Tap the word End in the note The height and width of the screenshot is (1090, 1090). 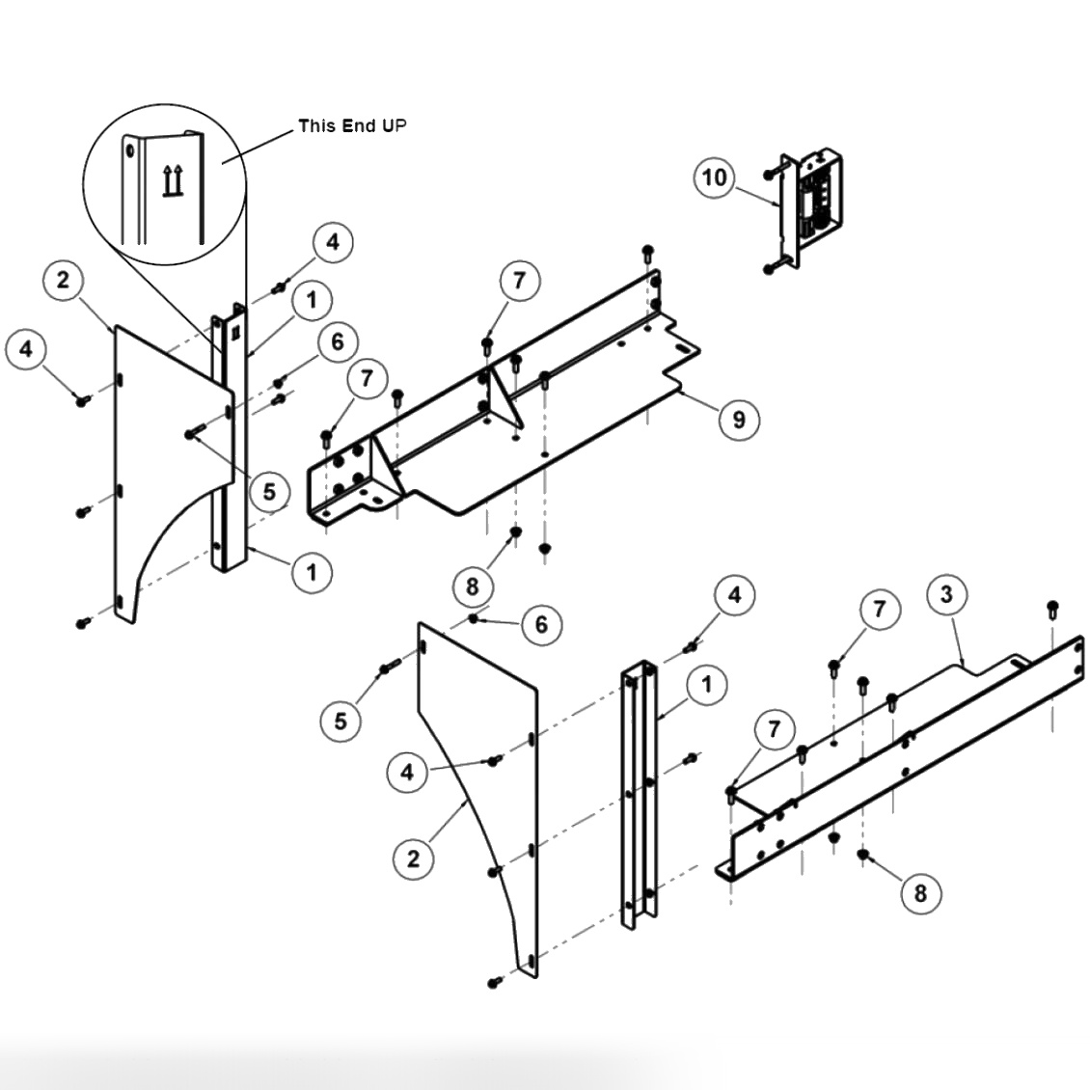point(359,125)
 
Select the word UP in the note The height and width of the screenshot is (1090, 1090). point(395,125)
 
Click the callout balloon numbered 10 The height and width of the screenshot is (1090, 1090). point(715,178)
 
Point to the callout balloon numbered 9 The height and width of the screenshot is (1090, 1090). point(739,420)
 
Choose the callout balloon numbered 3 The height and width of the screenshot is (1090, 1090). point(946,594)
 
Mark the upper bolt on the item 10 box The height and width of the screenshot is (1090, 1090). point(770,174)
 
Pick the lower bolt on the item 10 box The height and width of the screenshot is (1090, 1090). point(770,268)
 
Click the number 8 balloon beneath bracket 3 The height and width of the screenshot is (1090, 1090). point(919,893)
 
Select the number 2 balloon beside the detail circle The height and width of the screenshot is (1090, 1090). point(63,281)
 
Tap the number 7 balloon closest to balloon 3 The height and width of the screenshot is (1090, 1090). point(879,609)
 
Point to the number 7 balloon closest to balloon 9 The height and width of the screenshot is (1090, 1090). point(520,280)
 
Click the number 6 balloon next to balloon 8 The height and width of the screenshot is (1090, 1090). point(541,625)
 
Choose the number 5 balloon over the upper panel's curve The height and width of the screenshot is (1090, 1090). point(269,492)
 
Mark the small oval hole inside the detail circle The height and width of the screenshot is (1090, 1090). point(129,152)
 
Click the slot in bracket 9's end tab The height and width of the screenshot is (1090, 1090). point(682,349)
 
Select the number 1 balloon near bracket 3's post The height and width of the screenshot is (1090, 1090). point(707,685)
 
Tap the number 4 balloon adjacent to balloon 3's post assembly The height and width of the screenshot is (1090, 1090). point(734,596)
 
